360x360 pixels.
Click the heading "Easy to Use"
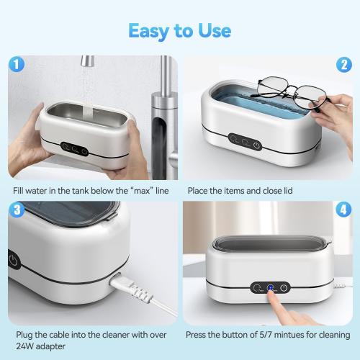pyautogui.click(x=180, y=30)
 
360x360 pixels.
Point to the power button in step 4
pyautogui.click(x=284, y=288)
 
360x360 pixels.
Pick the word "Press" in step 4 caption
pyautogui.click(x=197, y=336)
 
